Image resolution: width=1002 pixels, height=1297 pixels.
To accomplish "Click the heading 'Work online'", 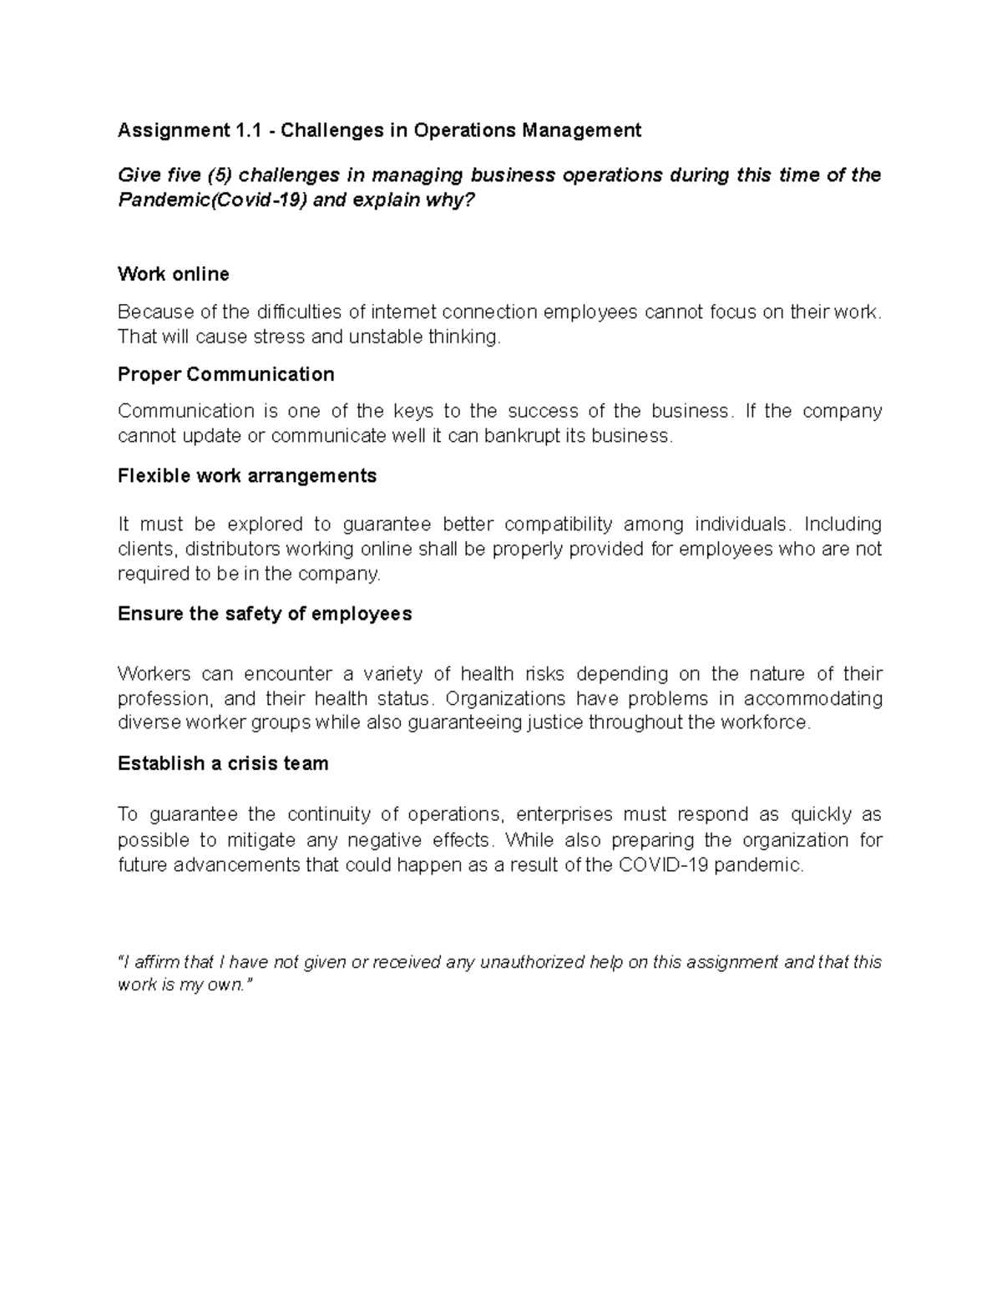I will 173,274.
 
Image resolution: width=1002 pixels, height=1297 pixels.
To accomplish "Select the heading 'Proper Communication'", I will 225,374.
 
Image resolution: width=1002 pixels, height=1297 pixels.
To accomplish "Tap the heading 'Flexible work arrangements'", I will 247,476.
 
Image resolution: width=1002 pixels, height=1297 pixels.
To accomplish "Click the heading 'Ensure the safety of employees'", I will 265,614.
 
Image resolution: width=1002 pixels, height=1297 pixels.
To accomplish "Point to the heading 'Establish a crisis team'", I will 223,763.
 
